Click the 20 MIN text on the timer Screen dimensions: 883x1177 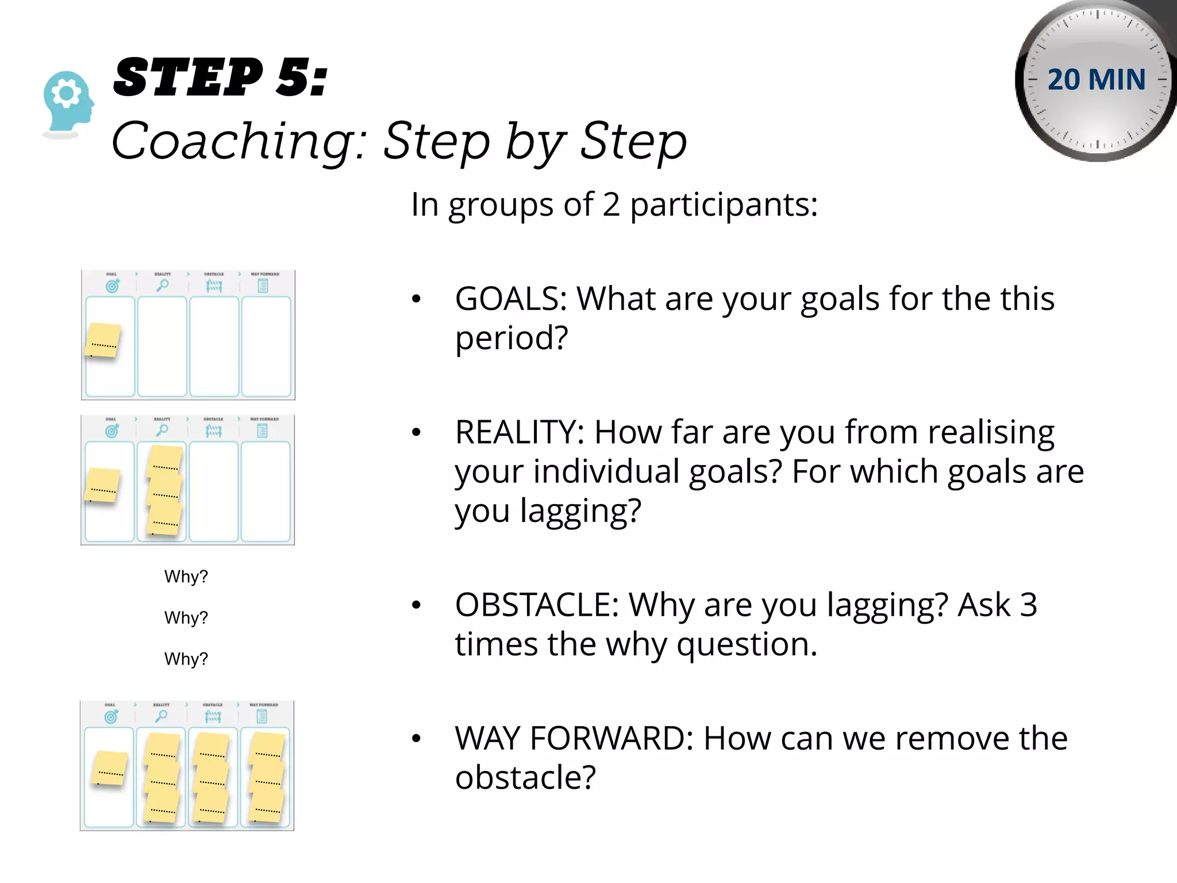tap(1096, 79)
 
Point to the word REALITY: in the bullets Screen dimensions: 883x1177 tap(520, 432)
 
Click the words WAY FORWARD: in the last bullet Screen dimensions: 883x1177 tap(574, 738)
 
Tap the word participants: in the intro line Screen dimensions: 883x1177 tap(724, 204)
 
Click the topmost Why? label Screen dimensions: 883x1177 tap(186, 577)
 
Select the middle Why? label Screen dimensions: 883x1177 tap(186, 618)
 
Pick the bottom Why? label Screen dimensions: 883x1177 tap(186, 659)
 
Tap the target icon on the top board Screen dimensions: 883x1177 tap(112, 286)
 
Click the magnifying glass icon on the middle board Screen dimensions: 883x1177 tap(163, 430)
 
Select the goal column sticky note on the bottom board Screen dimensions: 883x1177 tap(110, 769)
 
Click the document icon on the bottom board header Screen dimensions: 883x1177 tap(262, 716)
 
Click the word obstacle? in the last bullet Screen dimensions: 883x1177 tap(525, 777)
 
